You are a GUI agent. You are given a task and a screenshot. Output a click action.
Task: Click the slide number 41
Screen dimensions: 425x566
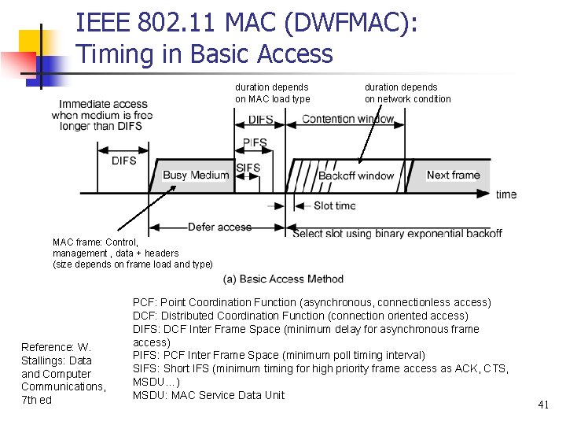coord(542,405)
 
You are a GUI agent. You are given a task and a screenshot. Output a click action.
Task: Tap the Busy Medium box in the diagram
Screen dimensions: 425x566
coord(195,176)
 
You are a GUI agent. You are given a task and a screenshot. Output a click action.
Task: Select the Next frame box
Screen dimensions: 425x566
coord(453,175)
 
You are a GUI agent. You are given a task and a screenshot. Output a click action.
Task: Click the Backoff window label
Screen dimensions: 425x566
coord(356,176)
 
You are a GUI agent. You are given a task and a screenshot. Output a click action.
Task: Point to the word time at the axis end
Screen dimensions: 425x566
coord(506,194)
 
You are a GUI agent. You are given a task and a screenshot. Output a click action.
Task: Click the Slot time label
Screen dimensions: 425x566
coord(334,206)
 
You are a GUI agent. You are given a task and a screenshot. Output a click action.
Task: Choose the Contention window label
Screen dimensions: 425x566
coord(349,119)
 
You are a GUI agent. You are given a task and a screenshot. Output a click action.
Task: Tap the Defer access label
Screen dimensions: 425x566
coord(219,227)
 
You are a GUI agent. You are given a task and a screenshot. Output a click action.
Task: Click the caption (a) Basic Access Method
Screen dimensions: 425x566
coord(283,279)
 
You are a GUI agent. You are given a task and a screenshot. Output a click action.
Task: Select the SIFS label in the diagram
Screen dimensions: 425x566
coord(248,168)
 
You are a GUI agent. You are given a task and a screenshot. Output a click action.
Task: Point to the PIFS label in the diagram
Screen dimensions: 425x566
coord(255,143)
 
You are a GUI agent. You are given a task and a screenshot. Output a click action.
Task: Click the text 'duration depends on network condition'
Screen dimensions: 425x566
coord(407,93)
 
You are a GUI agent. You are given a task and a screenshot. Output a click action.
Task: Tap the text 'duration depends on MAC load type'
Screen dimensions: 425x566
coord(272,93)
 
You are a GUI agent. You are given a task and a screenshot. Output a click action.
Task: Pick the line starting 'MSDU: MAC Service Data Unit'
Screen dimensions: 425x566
coord(208,395)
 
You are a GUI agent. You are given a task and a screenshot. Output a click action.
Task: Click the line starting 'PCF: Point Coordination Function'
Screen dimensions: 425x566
coord(311,302)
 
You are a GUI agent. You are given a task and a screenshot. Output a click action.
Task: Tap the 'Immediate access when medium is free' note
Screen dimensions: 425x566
coord(102,115)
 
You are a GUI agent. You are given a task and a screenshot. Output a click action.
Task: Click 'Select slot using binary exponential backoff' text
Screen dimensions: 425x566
coord(397,234)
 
